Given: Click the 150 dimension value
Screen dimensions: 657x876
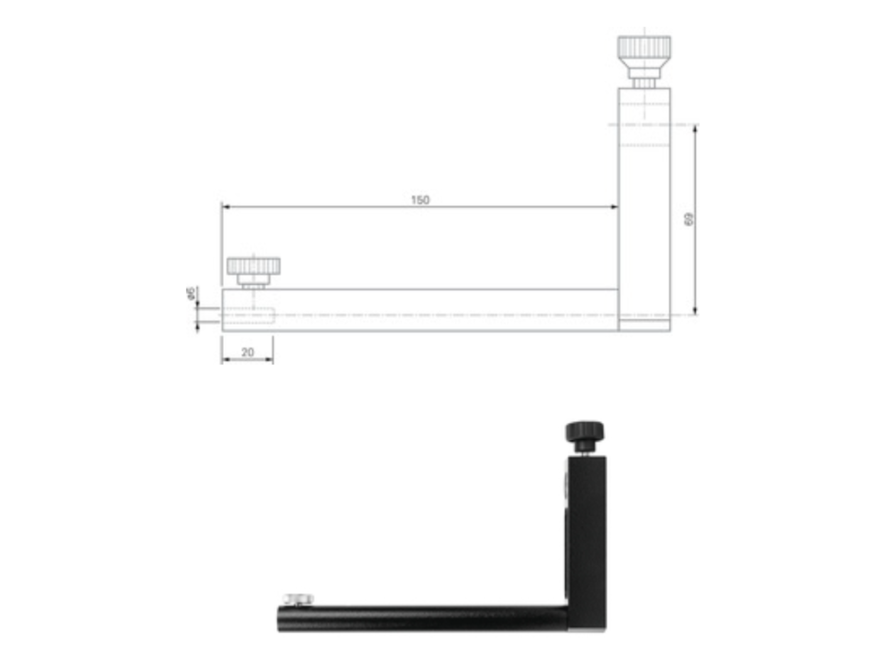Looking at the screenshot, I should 420,200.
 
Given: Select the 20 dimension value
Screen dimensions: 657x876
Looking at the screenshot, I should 248,352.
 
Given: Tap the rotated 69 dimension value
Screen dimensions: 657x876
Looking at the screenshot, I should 689,220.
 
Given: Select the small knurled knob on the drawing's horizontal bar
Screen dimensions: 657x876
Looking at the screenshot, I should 254,266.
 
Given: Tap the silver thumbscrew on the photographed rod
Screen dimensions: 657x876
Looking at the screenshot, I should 298,599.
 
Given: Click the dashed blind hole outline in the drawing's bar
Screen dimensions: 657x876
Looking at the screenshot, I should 248,315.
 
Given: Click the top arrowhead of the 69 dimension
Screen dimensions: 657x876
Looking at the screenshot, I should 695,128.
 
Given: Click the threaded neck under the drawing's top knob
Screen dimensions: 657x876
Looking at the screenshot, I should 644,83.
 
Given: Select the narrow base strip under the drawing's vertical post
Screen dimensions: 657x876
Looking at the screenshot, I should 644,325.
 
